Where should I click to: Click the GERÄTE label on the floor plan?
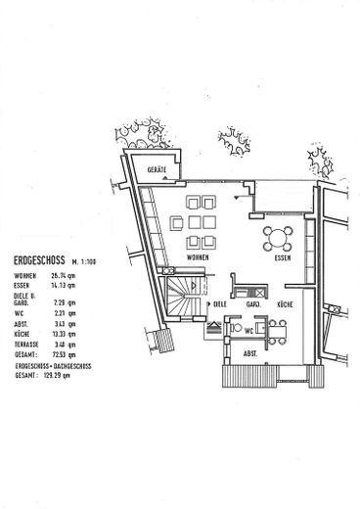pos(157,169)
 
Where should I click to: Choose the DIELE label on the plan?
pos(220,304)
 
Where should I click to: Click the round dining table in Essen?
pos(278,236)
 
